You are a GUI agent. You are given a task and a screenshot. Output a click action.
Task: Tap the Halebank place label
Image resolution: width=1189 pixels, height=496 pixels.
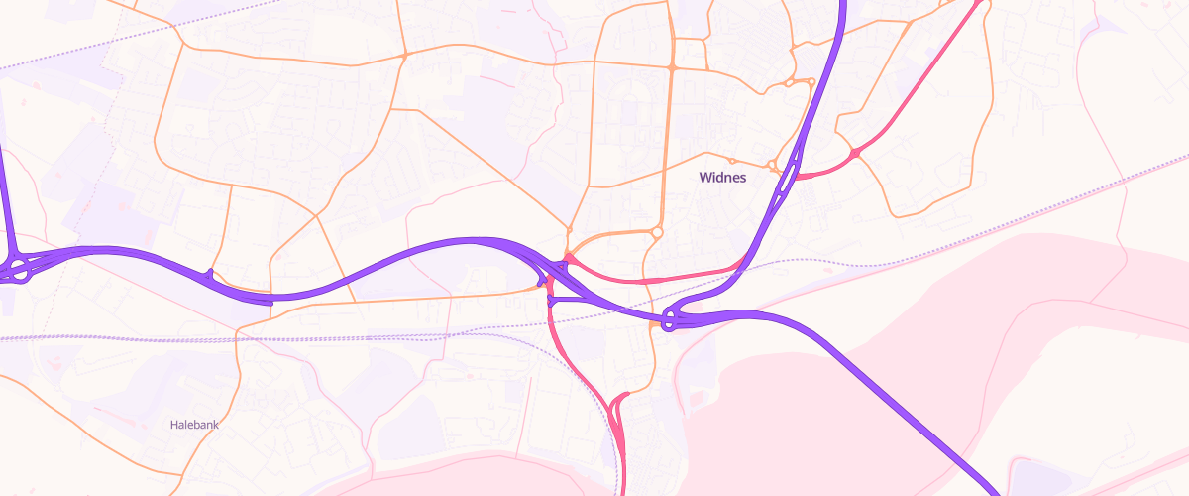pyautogui.click(x=193, y=424)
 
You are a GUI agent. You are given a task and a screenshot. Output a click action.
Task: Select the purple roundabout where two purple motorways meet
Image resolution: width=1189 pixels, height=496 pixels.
pyautogui.click(x=18, y=269)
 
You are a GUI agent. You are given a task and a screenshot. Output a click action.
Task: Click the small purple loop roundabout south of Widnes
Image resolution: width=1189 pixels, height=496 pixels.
pyautogui.click(x=671, y=320)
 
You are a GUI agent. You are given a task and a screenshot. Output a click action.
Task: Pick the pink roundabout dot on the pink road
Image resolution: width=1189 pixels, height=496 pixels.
pyautogui.click(x=855, y=153)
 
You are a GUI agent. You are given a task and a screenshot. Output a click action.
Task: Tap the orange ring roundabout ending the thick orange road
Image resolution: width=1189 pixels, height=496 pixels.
pyautogui.click(x=657, y=232)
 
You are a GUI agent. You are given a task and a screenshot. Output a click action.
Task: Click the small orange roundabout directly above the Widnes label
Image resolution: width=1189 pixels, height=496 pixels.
pyautogui.click(x=732, y=161)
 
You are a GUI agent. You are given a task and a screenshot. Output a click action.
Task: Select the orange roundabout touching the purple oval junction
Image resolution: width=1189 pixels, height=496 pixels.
pyautogui.click(x=772, y=165)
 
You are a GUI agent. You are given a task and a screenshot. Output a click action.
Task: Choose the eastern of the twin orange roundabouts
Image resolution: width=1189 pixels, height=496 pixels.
pyautogui.click(x=811, y=82)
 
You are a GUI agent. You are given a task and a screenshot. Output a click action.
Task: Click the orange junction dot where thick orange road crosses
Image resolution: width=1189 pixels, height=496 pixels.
pyautogui.click(x=671, y=67)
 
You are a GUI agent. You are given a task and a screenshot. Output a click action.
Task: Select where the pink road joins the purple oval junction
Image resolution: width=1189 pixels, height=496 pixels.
pyautogui.click(x=799, y=177)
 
